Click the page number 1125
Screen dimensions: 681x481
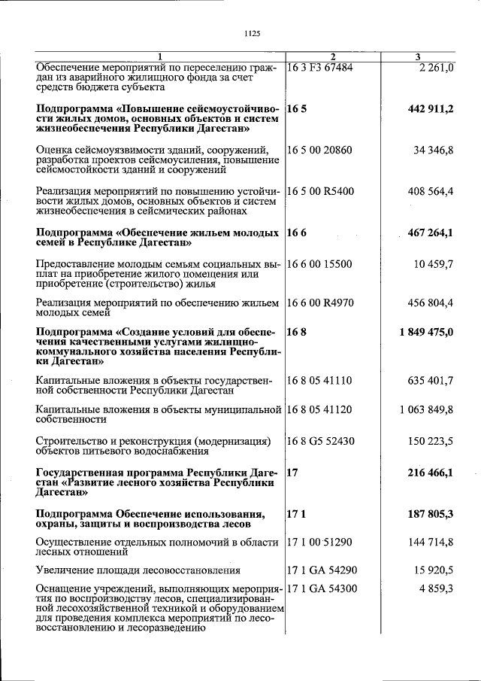(252, 32)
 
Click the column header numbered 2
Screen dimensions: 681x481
(333, 57)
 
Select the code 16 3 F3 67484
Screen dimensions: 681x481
(320, 68)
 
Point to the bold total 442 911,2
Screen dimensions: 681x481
(431, 109)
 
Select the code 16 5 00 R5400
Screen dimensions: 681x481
(321, 192)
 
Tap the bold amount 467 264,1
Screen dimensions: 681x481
(431, 233)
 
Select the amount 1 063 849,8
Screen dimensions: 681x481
(426, 410)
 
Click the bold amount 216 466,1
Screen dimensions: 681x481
(431, 473)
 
